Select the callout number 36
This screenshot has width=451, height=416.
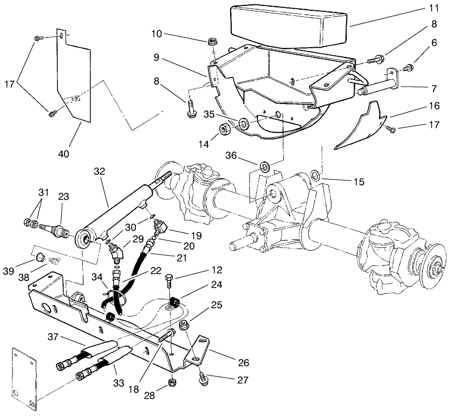pos(246,155)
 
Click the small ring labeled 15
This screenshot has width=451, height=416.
pos(316,174)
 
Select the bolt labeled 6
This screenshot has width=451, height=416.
pos(410,68)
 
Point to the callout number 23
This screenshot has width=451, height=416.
pos(63,198)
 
